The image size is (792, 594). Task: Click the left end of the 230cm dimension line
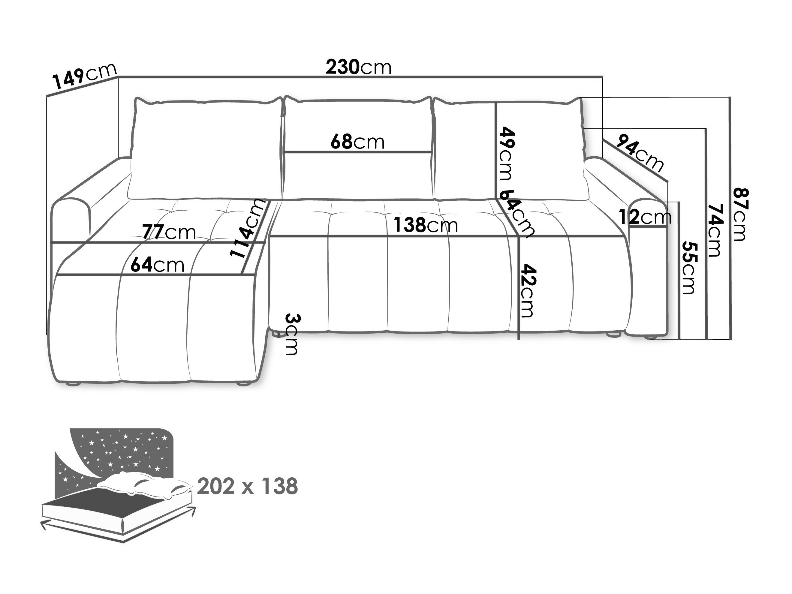pos(118,76)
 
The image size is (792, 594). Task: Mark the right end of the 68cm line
pos(432,152)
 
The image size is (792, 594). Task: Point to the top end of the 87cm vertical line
pos(730,97)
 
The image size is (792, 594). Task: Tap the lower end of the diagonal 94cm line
pos(668,182)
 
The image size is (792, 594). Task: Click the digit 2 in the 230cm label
pos(332,67)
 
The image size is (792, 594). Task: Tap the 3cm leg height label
pos(292,334)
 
